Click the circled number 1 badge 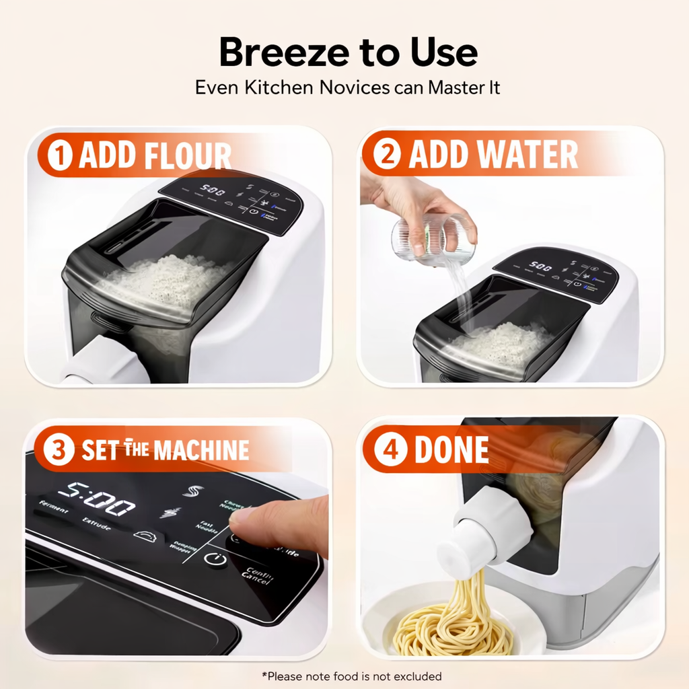pos(62,156)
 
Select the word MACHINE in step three pos(201,451)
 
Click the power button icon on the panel pos(215,560)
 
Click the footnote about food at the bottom pos(351,676)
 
